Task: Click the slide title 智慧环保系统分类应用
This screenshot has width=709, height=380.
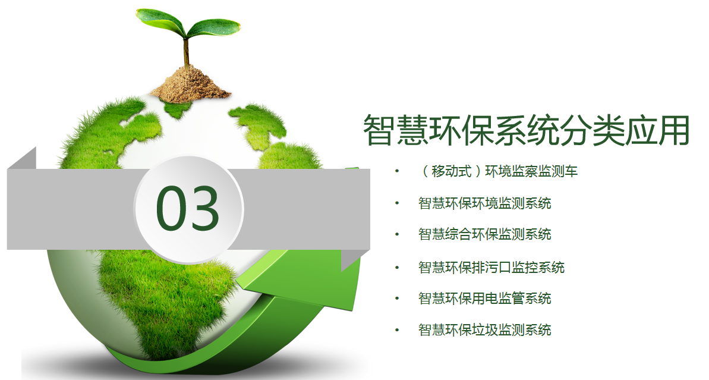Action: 527,130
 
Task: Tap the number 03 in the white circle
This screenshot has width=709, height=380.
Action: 188,208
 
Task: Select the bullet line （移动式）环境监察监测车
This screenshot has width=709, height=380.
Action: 498,171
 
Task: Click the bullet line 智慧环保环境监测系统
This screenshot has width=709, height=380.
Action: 485,203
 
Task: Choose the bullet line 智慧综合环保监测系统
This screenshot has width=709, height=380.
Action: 485,234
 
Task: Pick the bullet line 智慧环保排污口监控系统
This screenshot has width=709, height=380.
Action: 491,268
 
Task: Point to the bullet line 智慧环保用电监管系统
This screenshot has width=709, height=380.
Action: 485,299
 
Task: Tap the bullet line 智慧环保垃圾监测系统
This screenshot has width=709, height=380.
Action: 485,330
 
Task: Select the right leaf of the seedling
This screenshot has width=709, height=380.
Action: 213,27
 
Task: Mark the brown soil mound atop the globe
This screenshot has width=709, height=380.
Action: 190,84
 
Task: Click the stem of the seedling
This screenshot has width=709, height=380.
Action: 186,52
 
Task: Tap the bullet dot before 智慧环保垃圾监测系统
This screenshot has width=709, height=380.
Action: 397,330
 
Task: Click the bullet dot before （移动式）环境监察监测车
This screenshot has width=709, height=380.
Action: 397,171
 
